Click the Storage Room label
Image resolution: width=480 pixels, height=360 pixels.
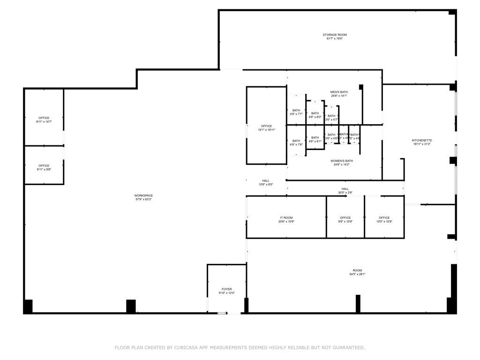[335, 35]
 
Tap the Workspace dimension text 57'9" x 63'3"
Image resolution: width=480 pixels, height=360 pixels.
[143, 199]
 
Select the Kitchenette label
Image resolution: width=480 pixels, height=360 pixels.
[422, 141]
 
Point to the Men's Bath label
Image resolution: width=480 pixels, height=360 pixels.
[338, 92]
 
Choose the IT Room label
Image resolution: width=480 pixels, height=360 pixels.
[286, 218]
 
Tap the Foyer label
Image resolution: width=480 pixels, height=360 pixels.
[226, 289]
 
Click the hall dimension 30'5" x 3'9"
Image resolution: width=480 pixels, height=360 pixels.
[345, 193]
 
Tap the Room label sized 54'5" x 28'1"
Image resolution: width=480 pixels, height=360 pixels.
[358, 270]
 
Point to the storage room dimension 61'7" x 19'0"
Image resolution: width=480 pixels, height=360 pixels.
[335, 38]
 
